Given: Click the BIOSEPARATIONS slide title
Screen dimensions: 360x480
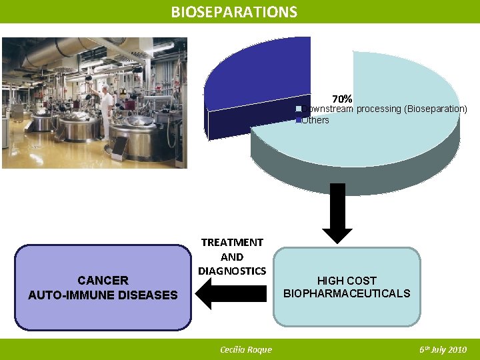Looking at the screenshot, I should [234, 12].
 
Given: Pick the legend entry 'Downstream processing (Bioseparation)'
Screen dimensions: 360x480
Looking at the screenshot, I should [384, 109].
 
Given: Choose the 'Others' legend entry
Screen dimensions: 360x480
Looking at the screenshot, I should [315, 120].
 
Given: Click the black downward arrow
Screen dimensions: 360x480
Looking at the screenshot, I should [341, 213].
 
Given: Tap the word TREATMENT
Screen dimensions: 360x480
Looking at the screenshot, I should [232, 243].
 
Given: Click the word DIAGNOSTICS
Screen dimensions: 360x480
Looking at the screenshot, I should [232, 271].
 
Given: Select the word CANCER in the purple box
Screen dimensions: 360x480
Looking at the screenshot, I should [103, 281].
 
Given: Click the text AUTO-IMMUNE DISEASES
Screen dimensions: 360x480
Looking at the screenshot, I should [103, 295].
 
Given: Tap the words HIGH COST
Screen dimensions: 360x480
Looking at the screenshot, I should [347, 281].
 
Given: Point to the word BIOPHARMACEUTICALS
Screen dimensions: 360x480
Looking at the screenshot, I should [347, 293].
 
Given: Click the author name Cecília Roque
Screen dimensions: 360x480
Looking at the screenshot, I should [245, 350].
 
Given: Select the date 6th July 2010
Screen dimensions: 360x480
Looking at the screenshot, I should [443, 350].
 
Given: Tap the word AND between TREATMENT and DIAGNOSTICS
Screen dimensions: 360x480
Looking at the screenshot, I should [232, 257].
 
